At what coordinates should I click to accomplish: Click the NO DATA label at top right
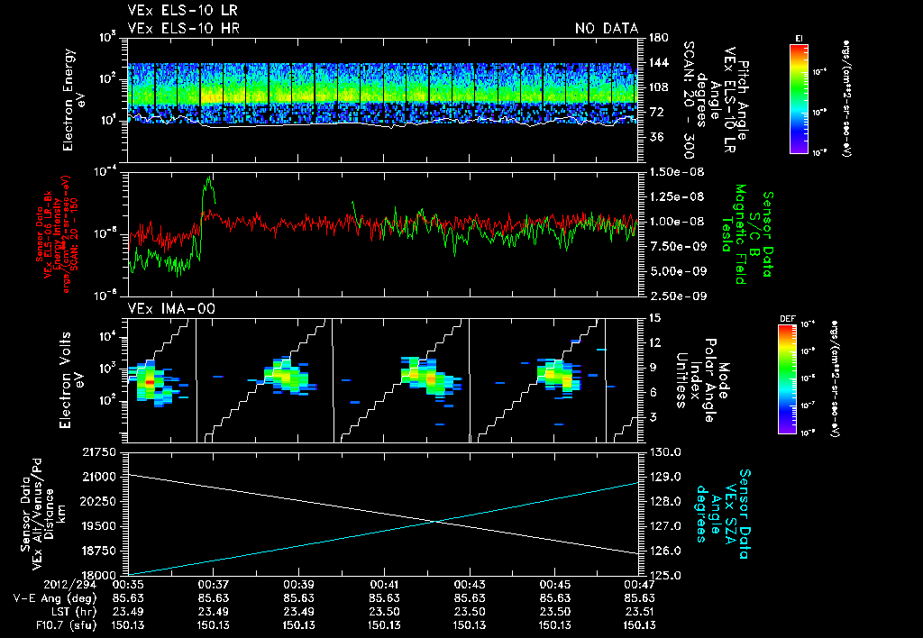[x=607, y=28]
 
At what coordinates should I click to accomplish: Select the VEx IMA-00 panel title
[x=163, y=308]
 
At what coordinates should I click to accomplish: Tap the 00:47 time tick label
[x=641, y=584]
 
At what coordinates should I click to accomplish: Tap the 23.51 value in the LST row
[x=641, y=611]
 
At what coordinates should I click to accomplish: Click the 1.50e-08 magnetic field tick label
[x=672, y=171]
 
